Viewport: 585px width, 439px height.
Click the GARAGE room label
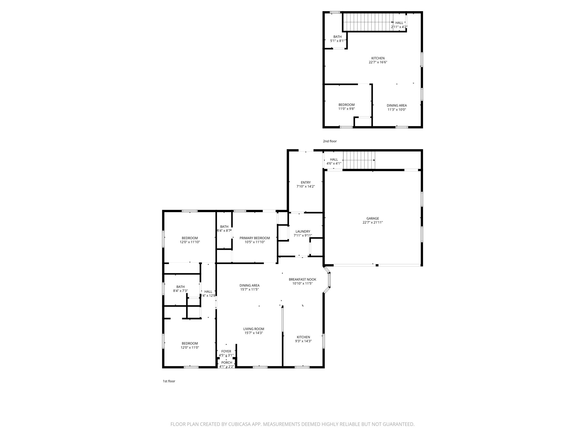point(373,218)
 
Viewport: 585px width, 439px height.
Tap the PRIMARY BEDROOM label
point(255,238)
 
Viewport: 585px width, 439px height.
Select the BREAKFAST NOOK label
point(302,280)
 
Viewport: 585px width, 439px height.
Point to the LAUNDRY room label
point(303,232)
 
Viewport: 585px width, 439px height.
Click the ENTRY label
point(305,182)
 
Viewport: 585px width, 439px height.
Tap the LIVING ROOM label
point(253,329)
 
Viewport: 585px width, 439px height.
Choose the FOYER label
point(226,352)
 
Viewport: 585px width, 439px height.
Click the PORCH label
point(227,363)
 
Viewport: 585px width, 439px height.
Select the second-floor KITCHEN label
point(378,58)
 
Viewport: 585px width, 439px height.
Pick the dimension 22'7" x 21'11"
point(373,222)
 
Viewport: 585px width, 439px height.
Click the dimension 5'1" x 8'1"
point(337,41)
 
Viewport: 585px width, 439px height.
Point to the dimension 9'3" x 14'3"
point(303,341)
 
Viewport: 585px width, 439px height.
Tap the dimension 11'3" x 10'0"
point(396,109)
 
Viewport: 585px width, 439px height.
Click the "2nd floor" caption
point(330,141)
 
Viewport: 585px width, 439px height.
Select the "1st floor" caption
point(169,381)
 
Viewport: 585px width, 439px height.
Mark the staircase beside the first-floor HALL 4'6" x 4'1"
point(359,160)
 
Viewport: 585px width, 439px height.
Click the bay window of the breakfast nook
point(329,280)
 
